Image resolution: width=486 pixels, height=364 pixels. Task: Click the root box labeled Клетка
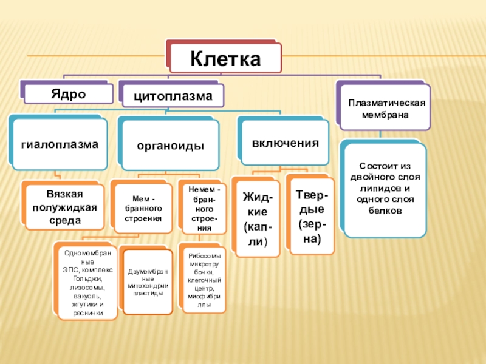(x=225, y=59)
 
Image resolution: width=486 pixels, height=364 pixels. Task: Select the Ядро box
(x=67, y=93)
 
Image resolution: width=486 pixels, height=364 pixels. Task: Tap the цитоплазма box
(x=173, y=96)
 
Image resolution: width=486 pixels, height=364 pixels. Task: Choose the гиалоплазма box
(x=60, y=144)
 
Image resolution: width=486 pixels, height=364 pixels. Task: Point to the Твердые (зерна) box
(x=312, y=216)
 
